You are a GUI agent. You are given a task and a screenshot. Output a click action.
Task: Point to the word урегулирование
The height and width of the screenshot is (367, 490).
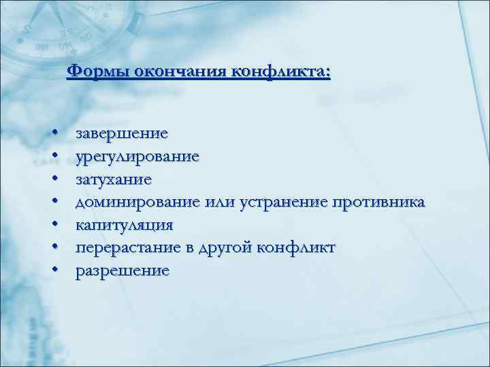[x=137, y=157]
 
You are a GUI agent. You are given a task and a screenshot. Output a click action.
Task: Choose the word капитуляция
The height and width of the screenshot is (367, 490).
[x=124, y=225]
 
